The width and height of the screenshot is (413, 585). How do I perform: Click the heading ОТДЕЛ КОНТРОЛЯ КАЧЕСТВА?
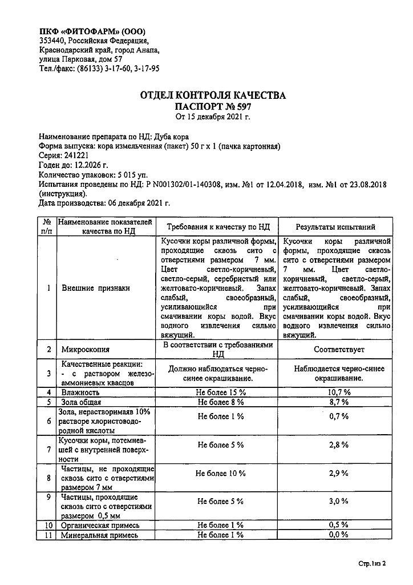pyautogui.click(x=213, y=95)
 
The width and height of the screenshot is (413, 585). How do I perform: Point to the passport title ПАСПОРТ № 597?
pyautogui.click(x=213, y=106)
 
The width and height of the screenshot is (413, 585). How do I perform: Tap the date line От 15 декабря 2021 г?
pyautogui.click(x=213, y=117)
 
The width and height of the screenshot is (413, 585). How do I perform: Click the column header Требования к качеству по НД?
pyautogui.click(x=220, y=227)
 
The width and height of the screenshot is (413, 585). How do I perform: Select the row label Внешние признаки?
pyautogui.click(x=96, y=288)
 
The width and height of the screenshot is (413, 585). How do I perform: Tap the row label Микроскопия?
pyautogui.click(x=86, y=349)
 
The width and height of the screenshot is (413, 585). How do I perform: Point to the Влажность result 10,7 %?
pyautogui.click(x=338, y=392)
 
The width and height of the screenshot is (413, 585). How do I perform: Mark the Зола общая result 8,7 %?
pyautogui.click(x=338, y=402)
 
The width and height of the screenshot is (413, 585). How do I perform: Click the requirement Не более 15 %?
pyautogui.click(x=220, y=392)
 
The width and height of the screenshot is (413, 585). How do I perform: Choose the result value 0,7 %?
pyautogui.click(x=338, y=416)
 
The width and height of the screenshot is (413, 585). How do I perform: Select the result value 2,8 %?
pyautogui.click(x=338, y=444)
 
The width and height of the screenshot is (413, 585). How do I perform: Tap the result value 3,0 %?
pyautogui.click(x=338, y=501)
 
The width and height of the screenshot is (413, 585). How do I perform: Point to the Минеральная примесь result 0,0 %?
pyautogui.click(x=338, y=535)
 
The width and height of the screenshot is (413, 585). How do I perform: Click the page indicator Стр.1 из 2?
pyautogui.click(x=372, y=564)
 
